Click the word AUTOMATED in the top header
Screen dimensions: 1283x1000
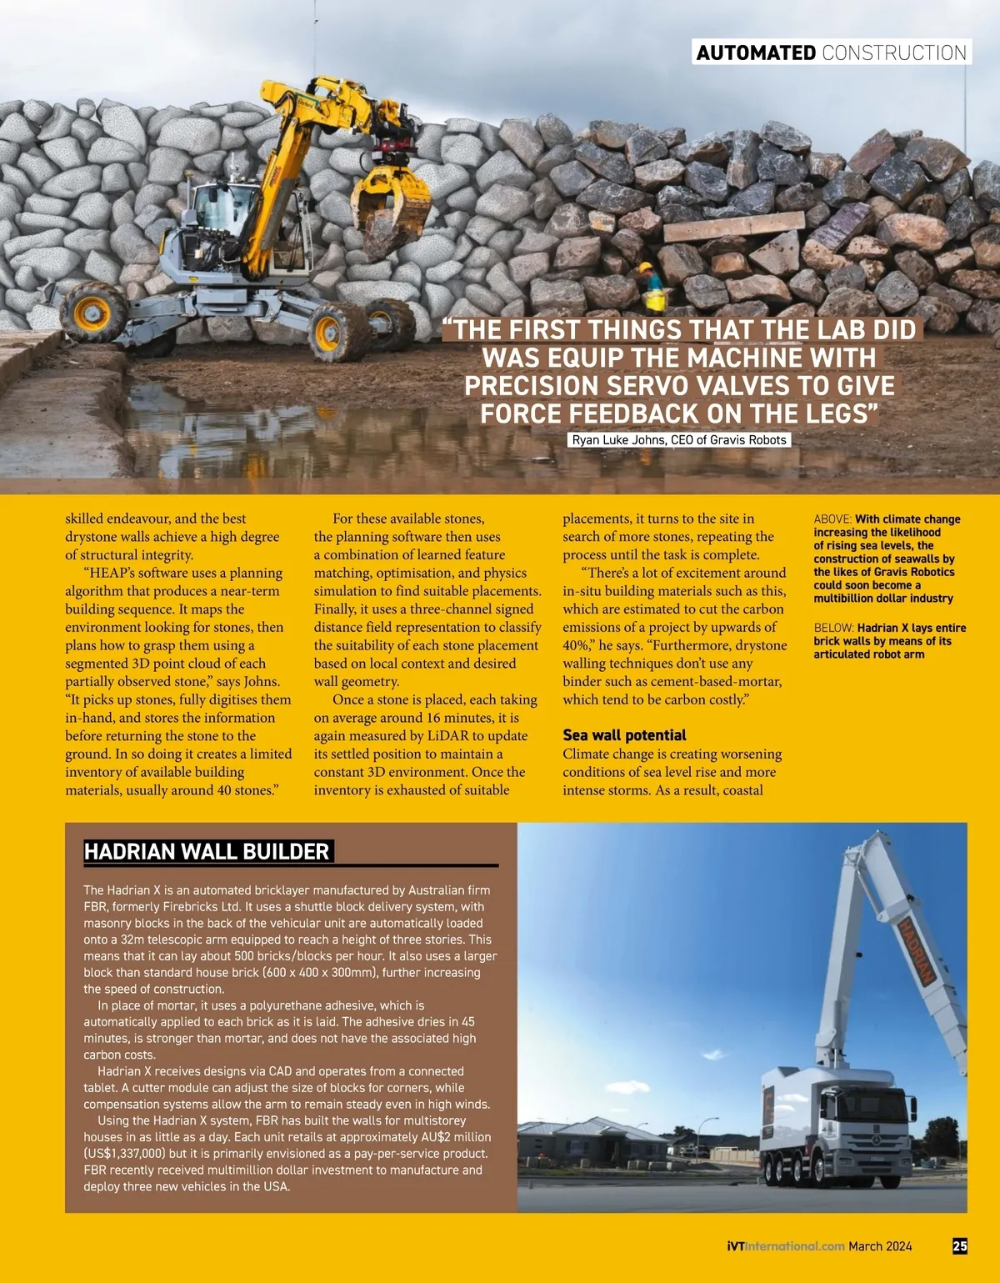point(756,53)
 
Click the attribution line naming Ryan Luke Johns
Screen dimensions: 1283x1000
point(679,439)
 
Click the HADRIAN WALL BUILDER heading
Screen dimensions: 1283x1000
point(207,851)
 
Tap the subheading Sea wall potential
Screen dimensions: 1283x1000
point(624,734)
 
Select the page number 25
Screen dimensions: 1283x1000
point(960,1245)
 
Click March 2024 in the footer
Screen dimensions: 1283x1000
point(880,1246)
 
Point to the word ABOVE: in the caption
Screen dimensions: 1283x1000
point(832,519)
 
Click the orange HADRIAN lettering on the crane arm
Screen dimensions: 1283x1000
point(915,950)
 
